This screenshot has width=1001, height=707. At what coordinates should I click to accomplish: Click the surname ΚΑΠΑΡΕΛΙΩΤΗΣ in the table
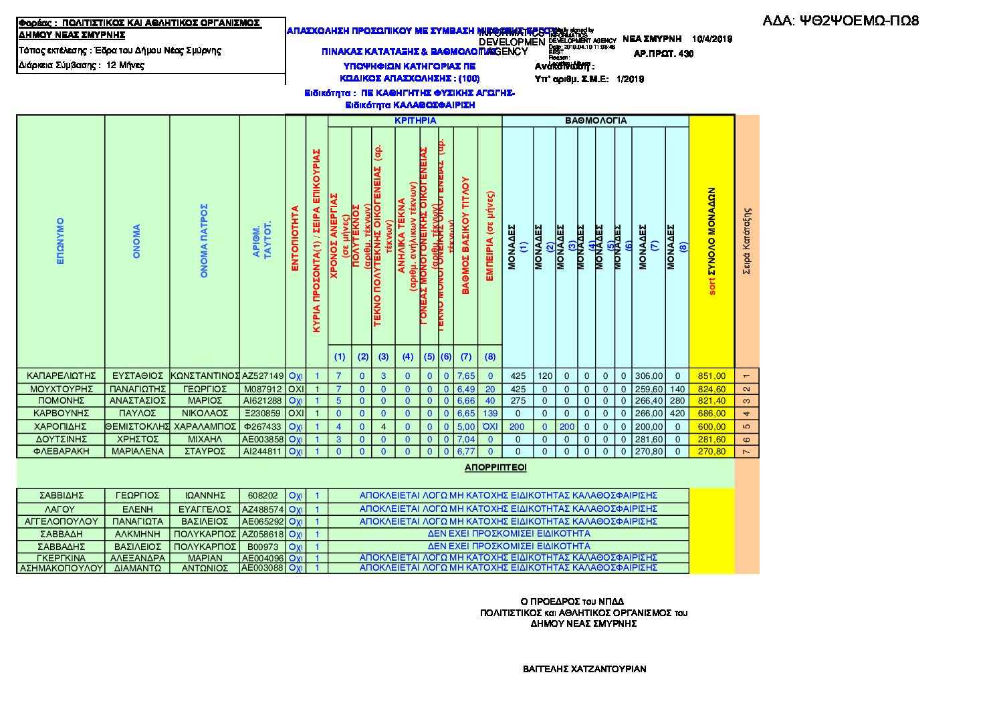(x=61, y=376)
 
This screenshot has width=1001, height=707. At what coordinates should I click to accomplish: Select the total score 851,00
(x=711, y=376)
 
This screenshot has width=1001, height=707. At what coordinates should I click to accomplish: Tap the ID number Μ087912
(x=262, y=389)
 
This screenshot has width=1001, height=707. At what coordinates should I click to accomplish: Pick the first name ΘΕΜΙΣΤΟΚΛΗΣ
(x=137, y=426)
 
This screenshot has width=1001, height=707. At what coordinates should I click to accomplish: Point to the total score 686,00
(x=711, y=414)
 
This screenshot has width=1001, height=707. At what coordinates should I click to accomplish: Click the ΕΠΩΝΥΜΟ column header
(x=61, y=241)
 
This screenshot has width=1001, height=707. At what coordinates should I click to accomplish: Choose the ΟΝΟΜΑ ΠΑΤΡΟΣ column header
(x=205, y=241)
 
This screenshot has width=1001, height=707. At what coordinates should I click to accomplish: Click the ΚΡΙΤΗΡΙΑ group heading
(x=415, y=121)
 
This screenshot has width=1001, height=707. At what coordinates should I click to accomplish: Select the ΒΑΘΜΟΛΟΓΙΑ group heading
(x=596, y=121)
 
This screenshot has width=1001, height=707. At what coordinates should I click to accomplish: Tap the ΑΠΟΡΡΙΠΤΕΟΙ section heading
(x=495, y=468)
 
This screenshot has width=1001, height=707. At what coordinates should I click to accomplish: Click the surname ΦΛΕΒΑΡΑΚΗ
(x=61, y=452)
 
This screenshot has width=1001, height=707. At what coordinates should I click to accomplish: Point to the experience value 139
(x=490, y=414)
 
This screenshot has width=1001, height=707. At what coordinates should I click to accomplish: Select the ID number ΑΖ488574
(x=262, y=509)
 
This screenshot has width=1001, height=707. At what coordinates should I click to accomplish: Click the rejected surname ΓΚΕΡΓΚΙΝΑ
(x=61, y=558)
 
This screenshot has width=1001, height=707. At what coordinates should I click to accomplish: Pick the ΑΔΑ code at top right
(x=841, y=21)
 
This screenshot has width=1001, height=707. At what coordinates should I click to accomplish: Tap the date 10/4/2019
(x=712, y=39)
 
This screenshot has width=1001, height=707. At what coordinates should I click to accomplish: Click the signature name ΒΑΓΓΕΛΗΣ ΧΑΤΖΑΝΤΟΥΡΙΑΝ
(x=584, y=669)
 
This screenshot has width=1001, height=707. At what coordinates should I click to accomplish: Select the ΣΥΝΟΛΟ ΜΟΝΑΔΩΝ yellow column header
(x=711, y=241)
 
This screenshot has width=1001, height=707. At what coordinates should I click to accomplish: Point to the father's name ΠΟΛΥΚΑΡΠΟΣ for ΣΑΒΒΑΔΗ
(x=205, y=534)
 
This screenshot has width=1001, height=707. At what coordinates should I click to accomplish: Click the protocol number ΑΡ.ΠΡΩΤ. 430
(x=663, y=54)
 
